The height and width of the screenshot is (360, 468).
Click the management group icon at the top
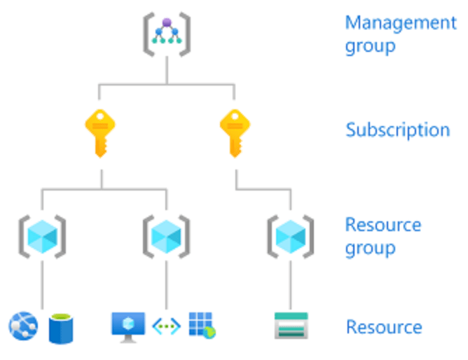[x=167, y=32]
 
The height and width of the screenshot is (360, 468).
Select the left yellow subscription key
[x=100, y=132]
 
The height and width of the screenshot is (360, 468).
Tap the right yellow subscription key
[x=235, y=132]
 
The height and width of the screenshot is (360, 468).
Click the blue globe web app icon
[x=23, y=326]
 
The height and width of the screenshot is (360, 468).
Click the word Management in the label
[x=400, y=23]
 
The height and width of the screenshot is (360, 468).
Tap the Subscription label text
[x=397, y=130]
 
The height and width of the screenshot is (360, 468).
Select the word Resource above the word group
[x=383, y=225]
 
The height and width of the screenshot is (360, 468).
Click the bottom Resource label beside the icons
[x=384, y=327]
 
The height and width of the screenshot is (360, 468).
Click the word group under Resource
[x=370, y=249]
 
